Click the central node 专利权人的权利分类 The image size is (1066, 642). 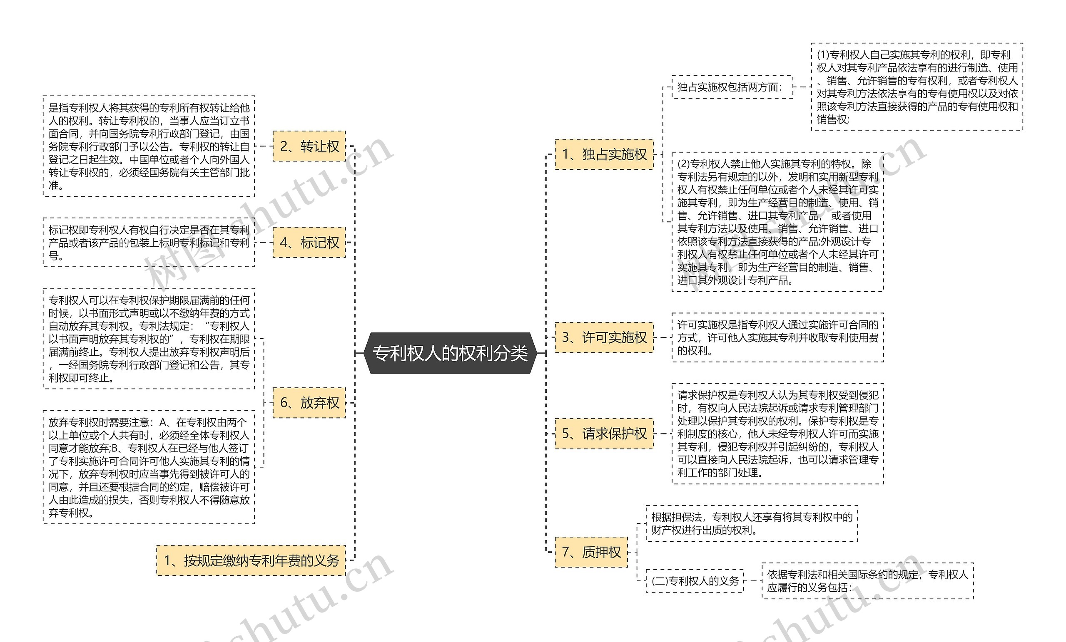tap(450, 353)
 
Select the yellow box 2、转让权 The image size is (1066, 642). tap(309, 146)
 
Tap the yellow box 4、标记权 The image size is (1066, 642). tap(309, 243)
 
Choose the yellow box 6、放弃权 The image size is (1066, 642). tap(309, 403)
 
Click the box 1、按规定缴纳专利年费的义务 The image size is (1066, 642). tap(252, 561)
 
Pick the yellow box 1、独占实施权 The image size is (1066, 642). tap(604, 154)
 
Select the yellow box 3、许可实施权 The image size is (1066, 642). tap(604, 337)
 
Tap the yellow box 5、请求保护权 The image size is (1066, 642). tap(604, 434)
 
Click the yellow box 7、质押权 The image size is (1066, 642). tap(591, 552)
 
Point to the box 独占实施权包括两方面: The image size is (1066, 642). tap(732, 87)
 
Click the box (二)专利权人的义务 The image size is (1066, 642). tap(695, 581)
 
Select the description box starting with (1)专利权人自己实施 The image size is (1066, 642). tap(917, 87)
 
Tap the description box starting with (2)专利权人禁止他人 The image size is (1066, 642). tap(777, 222)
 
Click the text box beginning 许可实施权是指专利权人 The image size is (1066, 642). tap(777, 337)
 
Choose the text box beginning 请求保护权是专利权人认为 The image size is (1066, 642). tap(777, 434)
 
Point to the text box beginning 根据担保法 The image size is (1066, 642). tap(752, 523)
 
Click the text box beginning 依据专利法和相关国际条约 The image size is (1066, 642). tap(867, 581)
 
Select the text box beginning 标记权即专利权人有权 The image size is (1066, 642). tap(149, 243)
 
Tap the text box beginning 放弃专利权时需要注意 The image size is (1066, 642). tap(149, 467)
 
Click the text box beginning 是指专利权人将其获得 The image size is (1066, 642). tap(149, 146)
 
